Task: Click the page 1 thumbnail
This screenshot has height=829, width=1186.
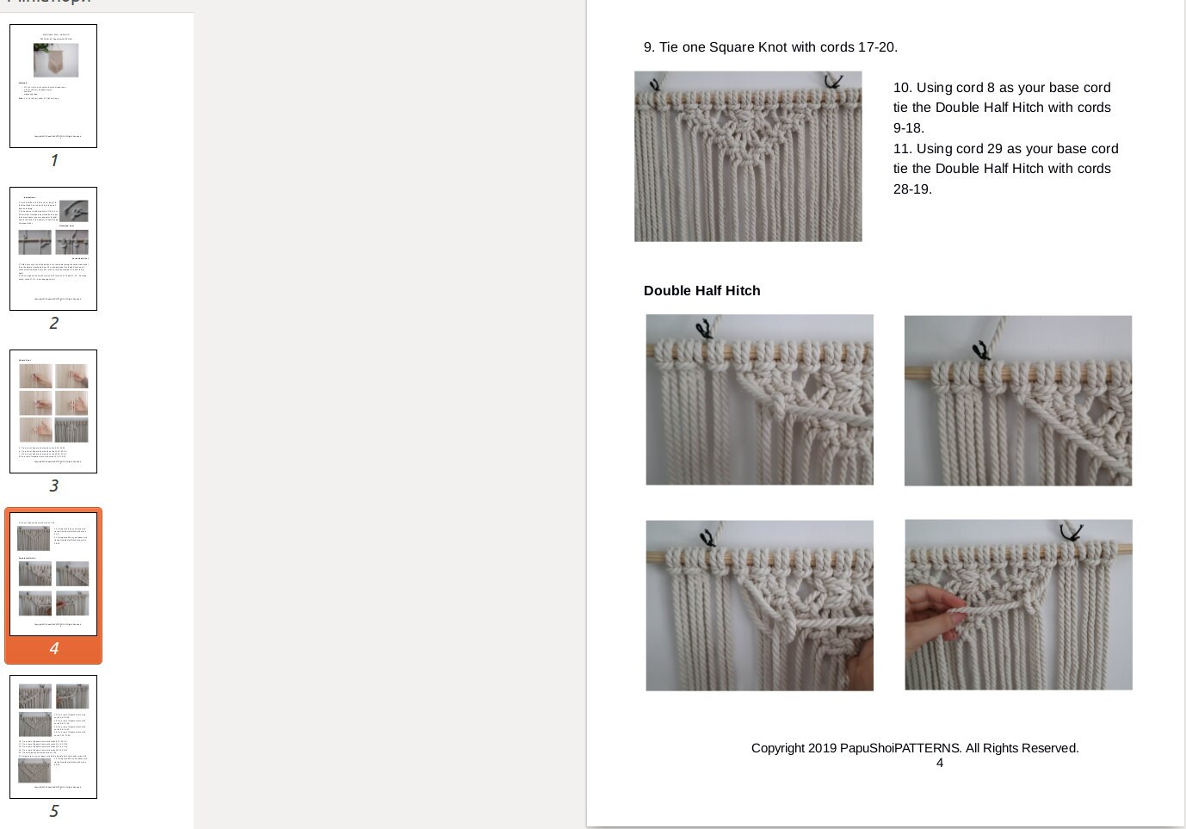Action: [x=53, y=86]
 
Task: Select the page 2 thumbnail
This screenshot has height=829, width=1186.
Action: [x=53, y=249]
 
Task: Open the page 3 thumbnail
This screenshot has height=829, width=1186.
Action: [x=53, y=411]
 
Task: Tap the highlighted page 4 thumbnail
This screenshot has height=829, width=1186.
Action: [x=53, y=574]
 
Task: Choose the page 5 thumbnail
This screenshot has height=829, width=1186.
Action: [x=53, y=737]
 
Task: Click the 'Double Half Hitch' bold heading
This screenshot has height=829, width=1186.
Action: [x=701, y=291]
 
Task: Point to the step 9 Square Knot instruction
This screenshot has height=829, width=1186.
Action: [x=770, y=47]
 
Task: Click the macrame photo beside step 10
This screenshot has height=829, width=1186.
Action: [x=748, y=157]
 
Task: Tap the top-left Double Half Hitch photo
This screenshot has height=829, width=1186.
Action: [x=759, y=399]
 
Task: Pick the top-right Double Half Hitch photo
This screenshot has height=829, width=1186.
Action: [x=1017, y=400]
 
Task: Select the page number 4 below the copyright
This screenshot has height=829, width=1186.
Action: [x=940, y=763]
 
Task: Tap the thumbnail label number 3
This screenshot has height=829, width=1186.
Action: [x=53, y=486]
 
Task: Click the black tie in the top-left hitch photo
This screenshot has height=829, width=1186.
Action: [x=704, y=328]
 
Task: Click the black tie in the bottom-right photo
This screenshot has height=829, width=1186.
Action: [x=1071, y=532]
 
